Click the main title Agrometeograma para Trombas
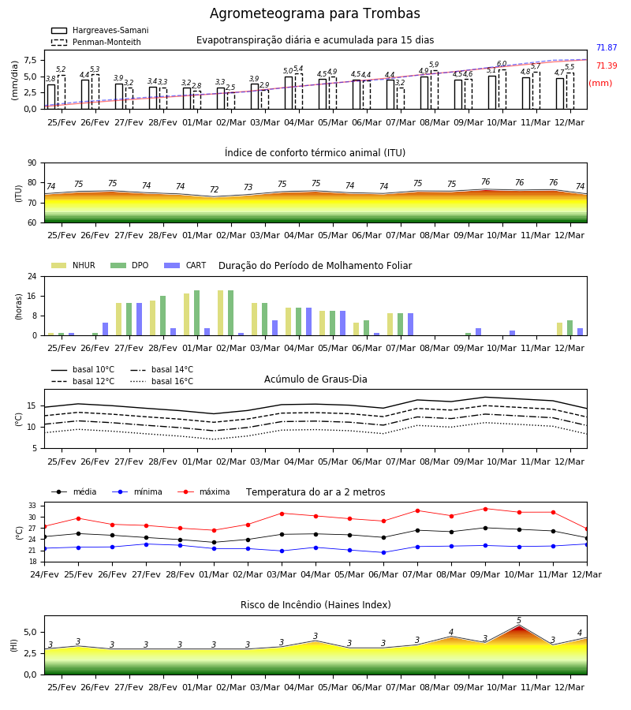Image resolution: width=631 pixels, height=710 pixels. point(315,13)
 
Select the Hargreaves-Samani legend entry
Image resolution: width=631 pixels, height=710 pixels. point(99,30)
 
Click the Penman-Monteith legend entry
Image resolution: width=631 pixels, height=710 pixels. point(96,42)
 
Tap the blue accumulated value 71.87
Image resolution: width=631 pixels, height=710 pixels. point(607,47)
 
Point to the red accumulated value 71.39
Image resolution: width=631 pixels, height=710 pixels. point(607,65)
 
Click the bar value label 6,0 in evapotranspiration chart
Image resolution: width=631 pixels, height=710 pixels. point(502,64)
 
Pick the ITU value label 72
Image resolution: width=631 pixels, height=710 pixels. point(214,189)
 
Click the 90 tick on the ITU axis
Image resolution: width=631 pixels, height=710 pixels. point(32,163)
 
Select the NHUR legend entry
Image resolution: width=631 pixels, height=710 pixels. point(73,265)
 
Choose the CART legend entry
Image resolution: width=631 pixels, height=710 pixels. point(185,265)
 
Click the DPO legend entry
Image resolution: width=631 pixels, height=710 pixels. point(129,265)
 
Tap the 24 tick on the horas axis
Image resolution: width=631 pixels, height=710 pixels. point(32,276)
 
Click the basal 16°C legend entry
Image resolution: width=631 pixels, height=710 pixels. point(162,381)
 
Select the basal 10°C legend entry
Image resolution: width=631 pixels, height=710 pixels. point(83,369)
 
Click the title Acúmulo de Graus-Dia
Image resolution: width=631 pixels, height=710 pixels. point(315,379)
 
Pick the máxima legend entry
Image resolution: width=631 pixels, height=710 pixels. point(203,491)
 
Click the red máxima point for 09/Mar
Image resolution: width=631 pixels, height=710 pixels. point(486,509)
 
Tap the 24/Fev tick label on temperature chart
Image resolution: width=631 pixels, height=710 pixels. point(44,574)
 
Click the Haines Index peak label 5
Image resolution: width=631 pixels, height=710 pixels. point(519,620)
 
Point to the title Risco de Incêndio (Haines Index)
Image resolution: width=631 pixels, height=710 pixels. point(315,605)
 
